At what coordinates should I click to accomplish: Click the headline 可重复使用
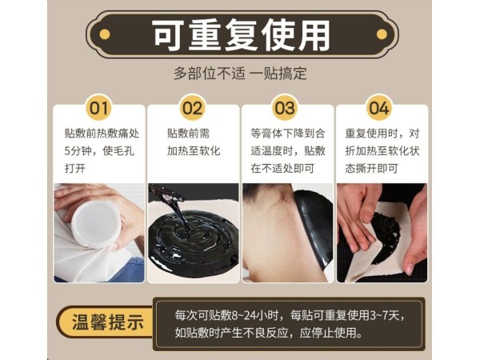(x=240, y=34)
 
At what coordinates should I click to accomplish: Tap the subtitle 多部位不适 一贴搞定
(x=240, y=73)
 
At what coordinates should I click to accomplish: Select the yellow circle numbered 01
(x=98, y=107)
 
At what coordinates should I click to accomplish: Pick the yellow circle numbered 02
(x=192, y=107)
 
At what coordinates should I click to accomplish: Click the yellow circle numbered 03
(x=285, y=107)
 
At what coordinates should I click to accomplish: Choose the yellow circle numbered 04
(x=378, y=107)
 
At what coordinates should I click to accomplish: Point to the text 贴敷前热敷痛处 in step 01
(x=102, y=133)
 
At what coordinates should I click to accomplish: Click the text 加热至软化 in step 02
(x=193, y=150)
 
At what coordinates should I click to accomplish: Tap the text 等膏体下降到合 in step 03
(x=289, y=133)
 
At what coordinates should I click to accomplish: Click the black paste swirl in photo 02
(x=193, y=236)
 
